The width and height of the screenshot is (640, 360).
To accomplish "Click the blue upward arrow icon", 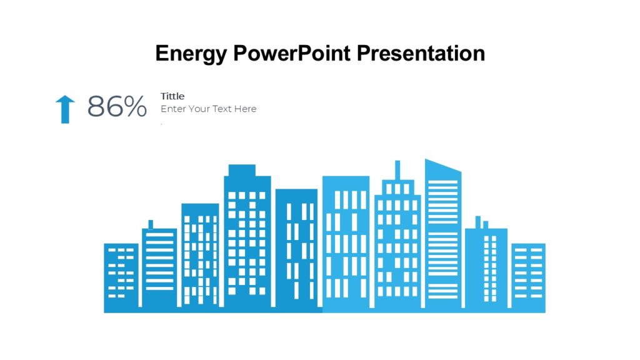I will pos(64,109).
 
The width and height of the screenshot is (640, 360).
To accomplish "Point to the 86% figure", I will pos(117,107).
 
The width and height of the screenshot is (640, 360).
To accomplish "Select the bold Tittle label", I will pos(172,96).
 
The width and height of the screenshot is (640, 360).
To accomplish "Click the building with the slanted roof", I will pos(443,237).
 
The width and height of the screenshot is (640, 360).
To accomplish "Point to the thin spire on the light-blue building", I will pos(397,170).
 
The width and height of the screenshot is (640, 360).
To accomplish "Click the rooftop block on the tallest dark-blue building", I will pos(242,170).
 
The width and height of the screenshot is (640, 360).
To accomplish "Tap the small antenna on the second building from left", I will pos(151,224).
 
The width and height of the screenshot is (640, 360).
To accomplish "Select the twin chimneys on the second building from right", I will pos(481,222).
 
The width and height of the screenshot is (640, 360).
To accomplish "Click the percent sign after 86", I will pos(135,107).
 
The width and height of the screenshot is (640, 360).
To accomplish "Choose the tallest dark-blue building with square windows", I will pos(247,244).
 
